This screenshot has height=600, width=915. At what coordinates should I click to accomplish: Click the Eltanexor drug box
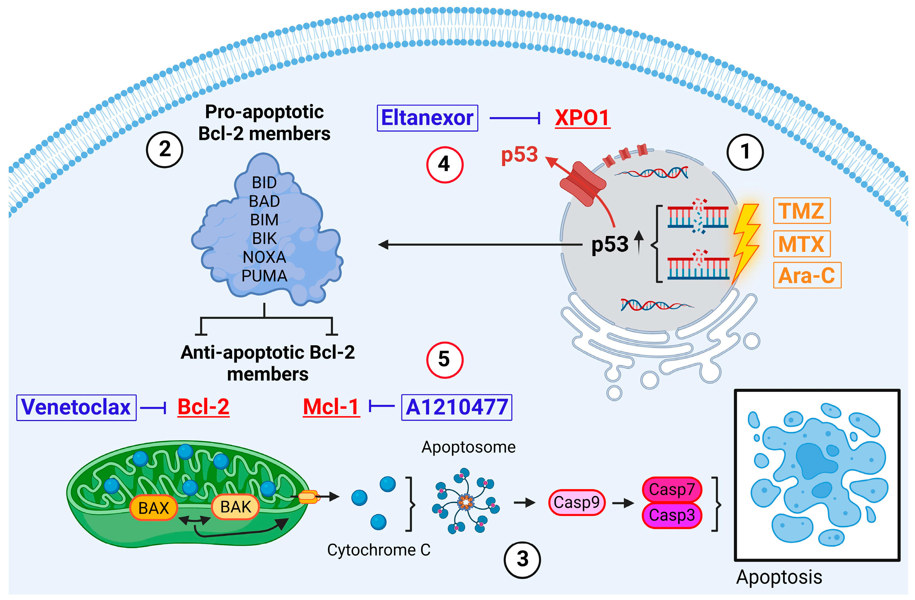coord(427,118)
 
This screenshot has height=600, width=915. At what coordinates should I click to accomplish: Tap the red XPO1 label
coord(582,118)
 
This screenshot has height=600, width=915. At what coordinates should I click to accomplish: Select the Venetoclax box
coord(76,407)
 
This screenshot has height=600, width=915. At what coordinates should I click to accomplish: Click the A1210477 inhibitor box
coord(456,407)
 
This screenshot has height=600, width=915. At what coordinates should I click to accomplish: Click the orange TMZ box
coord(802,211)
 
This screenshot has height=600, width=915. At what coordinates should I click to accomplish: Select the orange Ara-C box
coord(806,275)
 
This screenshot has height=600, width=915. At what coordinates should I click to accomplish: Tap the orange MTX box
coord(802,244)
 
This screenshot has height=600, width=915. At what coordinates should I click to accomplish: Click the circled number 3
coord(522,560)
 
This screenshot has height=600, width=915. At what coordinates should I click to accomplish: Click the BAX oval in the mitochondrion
coord(153,508)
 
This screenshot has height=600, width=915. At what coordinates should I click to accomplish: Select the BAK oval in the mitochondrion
coord(235,507)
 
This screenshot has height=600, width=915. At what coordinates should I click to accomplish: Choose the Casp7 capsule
coord(672,490)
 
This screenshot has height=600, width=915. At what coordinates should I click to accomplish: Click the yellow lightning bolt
coord(746,242)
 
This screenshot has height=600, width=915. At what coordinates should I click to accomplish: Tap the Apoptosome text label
coord(468,447)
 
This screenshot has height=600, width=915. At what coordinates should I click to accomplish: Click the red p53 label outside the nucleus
coord(519,155)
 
